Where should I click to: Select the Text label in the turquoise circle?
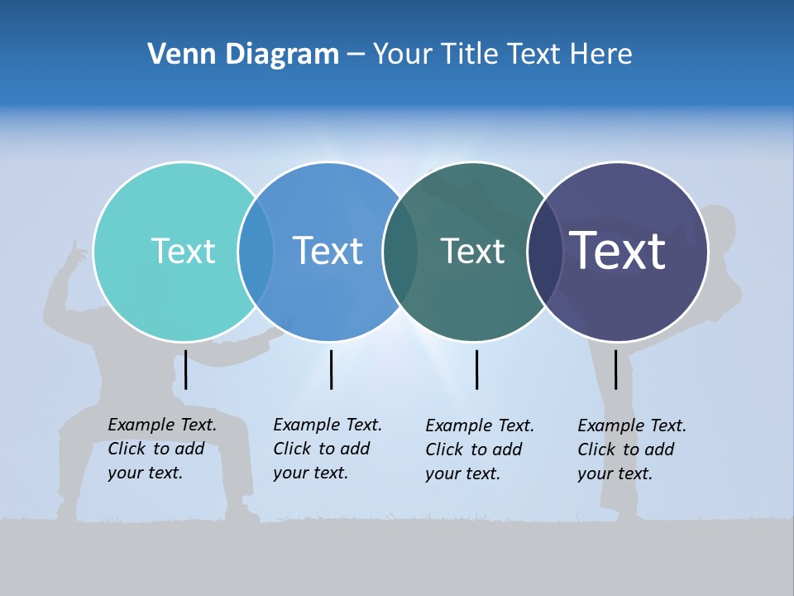183,251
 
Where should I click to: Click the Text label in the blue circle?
328,251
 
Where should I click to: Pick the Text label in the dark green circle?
472,251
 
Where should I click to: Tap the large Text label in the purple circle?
618,250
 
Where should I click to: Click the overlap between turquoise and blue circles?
256,251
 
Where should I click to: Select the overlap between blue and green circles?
400,251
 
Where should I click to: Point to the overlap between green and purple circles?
543,251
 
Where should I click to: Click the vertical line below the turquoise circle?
186,369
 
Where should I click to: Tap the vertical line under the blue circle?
331,369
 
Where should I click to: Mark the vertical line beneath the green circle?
476,369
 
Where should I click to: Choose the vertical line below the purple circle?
615,369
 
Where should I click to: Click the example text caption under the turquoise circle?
162,449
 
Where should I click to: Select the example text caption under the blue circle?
328,449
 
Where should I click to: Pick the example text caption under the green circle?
480,449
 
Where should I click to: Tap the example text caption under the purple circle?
632,449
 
